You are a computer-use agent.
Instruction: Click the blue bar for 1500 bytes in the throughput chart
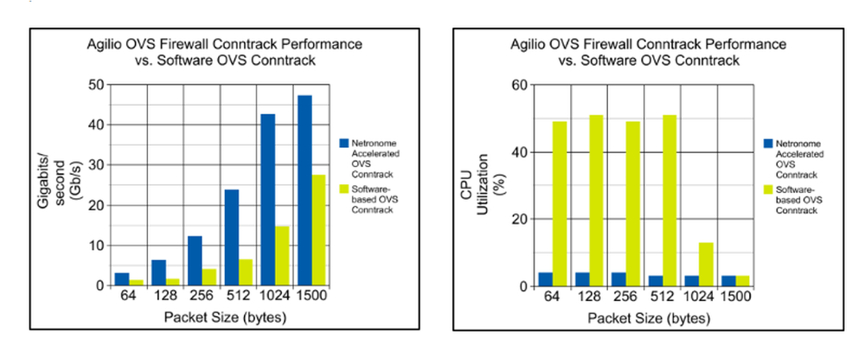[x=305, y=190]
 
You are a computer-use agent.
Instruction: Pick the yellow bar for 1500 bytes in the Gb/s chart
[x=319, y=230]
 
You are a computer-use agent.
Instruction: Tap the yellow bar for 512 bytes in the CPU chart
[x=670, y=200]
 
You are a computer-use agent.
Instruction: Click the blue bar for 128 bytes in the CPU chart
[x=582, y=279]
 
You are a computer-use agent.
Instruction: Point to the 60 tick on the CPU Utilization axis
[x=519, y=85]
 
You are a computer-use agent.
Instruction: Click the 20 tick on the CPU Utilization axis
[x=519, y=219]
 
